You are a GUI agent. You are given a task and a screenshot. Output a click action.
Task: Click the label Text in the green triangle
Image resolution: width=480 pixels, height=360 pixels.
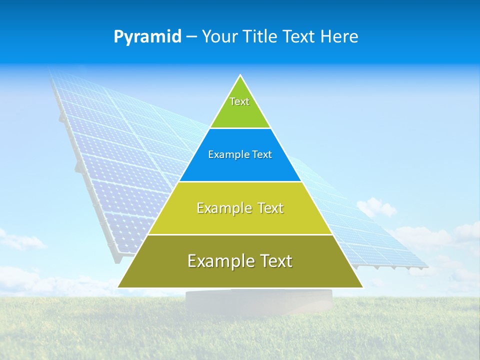(239, 101)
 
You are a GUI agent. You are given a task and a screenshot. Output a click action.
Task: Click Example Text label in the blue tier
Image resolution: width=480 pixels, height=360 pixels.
(240, 154)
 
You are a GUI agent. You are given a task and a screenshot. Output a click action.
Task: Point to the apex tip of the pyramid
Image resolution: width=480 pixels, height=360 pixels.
(240, 76)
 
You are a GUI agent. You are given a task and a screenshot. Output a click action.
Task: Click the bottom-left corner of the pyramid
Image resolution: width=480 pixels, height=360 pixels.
(118, 287)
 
